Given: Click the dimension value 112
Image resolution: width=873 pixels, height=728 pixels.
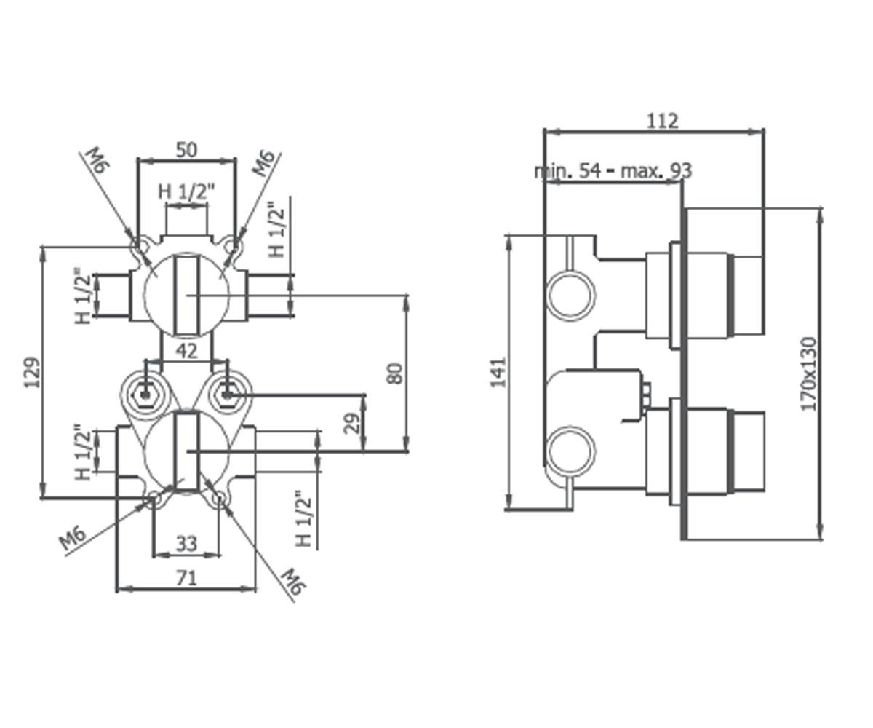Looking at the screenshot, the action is (x=663, y=121).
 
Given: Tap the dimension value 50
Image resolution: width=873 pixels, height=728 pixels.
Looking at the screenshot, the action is (x=186, y=150).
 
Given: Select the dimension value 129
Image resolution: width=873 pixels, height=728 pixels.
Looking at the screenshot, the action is (x=32, y=372).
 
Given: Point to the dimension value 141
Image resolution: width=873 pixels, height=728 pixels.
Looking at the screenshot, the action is (x=498, y=372).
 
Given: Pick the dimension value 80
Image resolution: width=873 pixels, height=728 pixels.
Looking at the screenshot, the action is (x=395, y=373).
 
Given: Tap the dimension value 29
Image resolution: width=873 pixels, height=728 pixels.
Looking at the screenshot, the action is (x=352, y=424).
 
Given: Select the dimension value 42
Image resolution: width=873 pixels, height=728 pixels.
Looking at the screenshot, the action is (x=186, y=351).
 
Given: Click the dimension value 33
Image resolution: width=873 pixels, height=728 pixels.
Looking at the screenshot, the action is (x=186, y=545).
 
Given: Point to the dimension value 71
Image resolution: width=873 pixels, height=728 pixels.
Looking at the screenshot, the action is (x=186, y=579).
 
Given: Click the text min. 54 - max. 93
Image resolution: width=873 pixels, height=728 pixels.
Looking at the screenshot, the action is (x=613, y=170).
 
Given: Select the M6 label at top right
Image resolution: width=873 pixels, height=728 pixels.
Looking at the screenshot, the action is (x=263, y=164).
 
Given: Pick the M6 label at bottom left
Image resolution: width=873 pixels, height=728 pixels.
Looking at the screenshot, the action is (x=72, y=539).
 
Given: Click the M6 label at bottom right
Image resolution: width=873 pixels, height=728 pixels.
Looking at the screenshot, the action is (x=292, y=582).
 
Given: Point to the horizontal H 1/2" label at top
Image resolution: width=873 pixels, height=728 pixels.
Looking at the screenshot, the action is (x=186, y=192).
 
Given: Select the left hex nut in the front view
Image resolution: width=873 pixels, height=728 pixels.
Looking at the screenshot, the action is (x=145, y=395).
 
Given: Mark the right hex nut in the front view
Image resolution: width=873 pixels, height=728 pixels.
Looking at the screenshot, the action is (x=226, y=395).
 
